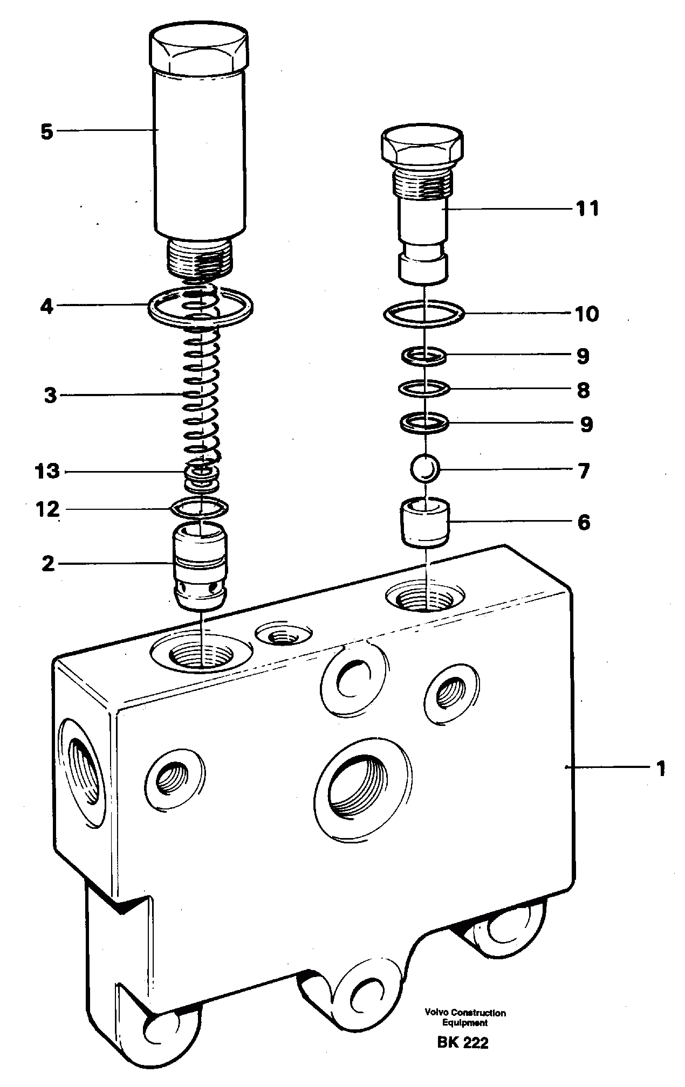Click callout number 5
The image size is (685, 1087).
click(47, 131)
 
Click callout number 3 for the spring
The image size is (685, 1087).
click(50, 396)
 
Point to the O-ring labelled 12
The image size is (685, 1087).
click(199, 507)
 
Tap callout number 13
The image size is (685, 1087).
click(47, 472)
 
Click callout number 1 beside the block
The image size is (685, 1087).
click(660, 768)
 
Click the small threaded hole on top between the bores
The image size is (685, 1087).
click(284, 637)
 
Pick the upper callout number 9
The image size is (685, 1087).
click(583, 356)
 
